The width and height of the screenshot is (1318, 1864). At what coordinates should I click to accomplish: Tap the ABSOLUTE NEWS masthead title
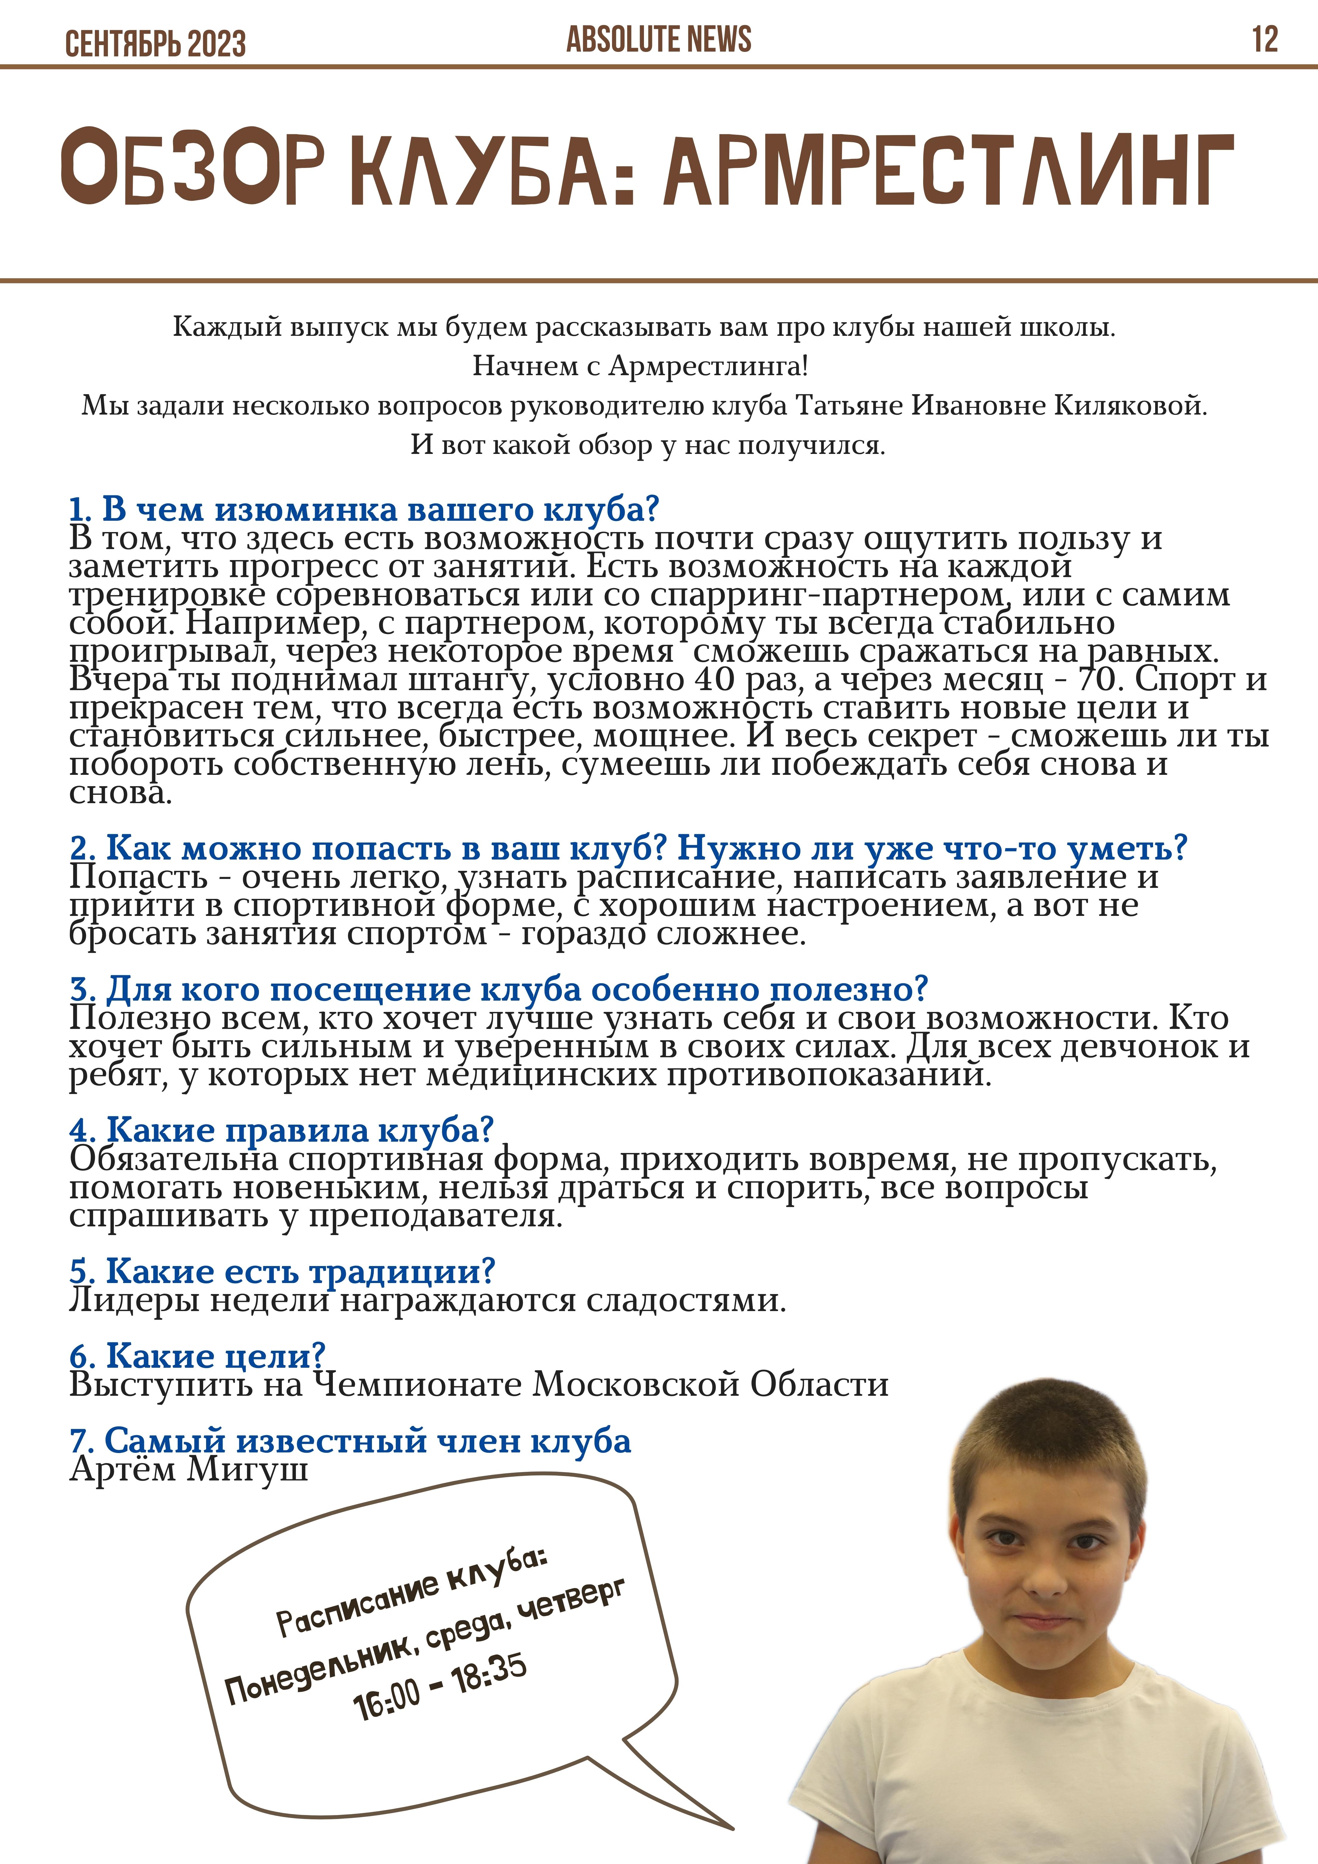tap(659, 39)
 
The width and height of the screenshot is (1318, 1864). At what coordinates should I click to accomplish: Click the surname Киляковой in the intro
tap(1130, 405)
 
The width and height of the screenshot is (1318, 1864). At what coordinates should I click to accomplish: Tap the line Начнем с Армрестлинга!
tap(641, 366)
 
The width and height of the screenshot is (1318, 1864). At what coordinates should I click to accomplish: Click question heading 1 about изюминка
tap(364, 509)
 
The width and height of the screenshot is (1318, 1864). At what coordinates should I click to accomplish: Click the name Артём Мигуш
tap(188, 1469)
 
